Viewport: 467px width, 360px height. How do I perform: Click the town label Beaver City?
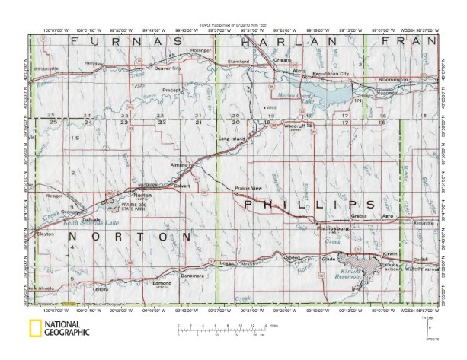[x=167, y=68]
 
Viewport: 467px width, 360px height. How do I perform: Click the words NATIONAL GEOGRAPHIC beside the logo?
[x=69, y=330]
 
